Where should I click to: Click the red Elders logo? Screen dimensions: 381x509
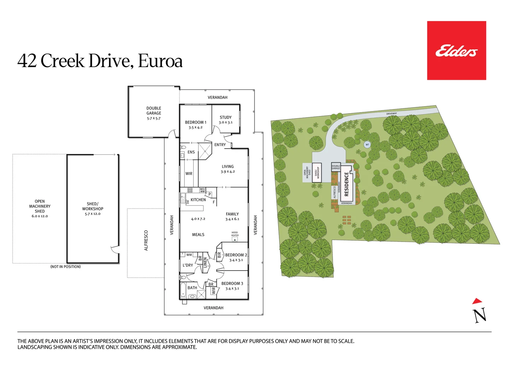[x=456, y=51]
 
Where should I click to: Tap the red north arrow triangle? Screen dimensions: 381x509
[x=477, y=301]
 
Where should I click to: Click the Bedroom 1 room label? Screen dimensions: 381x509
[x=195, y=122]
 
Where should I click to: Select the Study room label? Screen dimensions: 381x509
[x=226, y=117]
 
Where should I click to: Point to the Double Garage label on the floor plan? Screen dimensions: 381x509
[x=154, y=111]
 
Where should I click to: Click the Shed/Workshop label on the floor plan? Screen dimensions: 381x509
[x=93, y=206]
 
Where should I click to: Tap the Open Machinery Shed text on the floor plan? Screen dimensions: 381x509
[x=40, y=206]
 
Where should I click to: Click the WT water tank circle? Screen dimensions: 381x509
[x=367, y=145]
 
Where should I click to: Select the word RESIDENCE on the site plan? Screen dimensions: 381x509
[x=346, y=184]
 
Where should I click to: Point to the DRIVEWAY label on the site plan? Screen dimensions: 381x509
[x=391, y=114]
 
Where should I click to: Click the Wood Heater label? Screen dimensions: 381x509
[x=235, y=234]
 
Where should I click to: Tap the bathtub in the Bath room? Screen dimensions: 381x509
[x=183, y=290]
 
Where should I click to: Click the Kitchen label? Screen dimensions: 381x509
[x=198, y=200]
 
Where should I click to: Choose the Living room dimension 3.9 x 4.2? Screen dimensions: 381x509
[x=228, y=172]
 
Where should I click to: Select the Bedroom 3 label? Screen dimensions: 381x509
[x=232, y=283]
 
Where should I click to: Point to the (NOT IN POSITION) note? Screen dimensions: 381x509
[x=65, y=267]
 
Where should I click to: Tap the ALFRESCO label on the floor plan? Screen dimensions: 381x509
[x=146, y=241]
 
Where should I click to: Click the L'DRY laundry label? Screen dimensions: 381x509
[x=188, y=265]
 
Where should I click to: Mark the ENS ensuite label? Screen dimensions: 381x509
[x=191, y=152]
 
